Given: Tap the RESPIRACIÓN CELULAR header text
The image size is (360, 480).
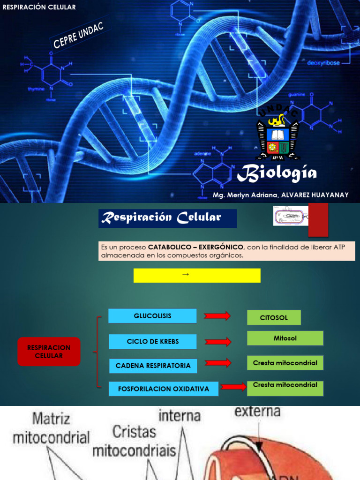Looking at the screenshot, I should [x=39, y=7].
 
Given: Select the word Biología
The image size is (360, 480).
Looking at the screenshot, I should [x=277, y=174].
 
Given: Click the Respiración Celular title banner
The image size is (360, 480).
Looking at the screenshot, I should [x=167, y=218].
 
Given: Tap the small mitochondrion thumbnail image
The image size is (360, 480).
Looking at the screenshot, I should [x=291, y=216].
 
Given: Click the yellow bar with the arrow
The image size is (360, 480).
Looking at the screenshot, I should [x=197, y=276].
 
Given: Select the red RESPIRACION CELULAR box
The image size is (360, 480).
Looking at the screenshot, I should [x=49, y=352].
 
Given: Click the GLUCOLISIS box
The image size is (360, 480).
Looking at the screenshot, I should [x=152, y=316].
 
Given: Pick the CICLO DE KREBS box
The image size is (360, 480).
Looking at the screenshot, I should [x=152, y=342].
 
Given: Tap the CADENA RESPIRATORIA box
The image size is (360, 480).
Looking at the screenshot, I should [x=153, y=366].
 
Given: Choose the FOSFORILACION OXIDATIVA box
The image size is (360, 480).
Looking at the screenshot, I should [x=164, y=389].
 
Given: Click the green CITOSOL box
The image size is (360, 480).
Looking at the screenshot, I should [x=274, y=318].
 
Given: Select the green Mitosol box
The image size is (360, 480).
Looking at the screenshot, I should [x=285, y=338].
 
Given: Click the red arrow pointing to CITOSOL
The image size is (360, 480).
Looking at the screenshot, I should [x=217, y=316].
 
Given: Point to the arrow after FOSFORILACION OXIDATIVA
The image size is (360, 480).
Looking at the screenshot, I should [x=233, y=387].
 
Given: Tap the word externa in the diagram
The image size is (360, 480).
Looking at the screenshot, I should [x=257, y=412].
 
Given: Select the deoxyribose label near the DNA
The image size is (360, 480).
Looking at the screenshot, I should [x=323, y=63].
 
